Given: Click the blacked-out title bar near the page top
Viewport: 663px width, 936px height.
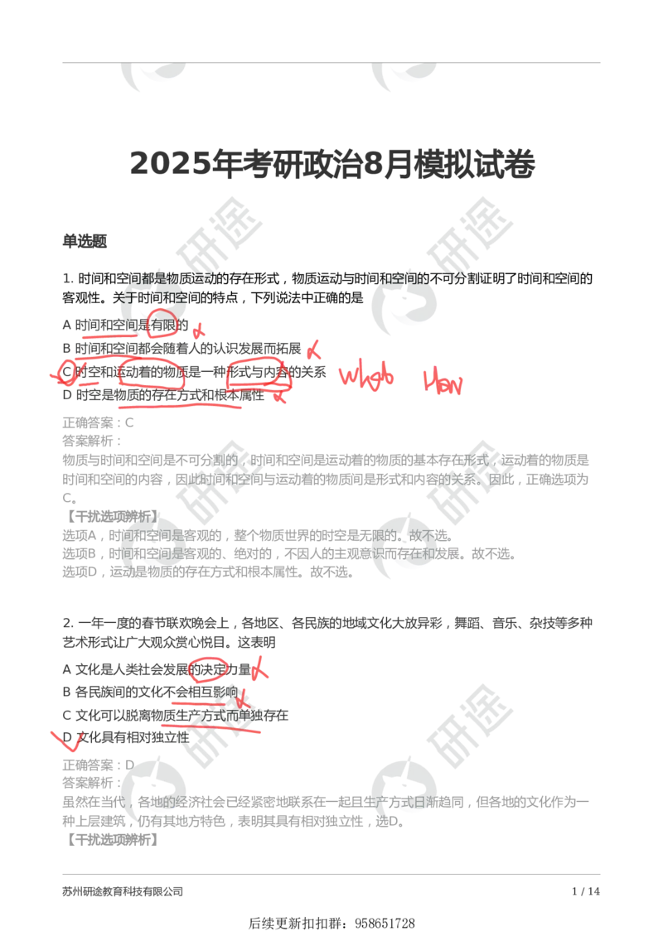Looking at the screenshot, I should click(331, 163).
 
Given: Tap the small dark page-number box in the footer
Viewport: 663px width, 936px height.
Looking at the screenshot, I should click(586, 891).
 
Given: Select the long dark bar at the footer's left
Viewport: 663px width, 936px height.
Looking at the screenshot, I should click(123, 891).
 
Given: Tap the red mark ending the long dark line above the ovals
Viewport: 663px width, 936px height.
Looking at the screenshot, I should click(313, 350).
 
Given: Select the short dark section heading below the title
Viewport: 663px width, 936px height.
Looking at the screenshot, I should click(85, 242).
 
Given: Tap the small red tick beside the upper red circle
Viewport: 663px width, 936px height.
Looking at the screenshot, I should click(196, 330).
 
